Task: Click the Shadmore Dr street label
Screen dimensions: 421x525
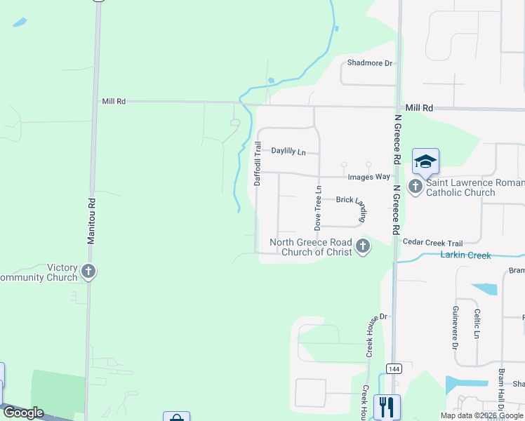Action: [x=370, y=63]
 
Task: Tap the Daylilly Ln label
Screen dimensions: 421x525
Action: [x=288, y=151]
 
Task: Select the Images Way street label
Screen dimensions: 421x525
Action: [x=368, y=177]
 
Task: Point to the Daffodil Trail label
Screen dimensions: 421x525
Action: [x=258, y=163]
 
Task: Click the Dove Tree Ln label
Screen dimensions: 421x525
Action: [x=318, y=208]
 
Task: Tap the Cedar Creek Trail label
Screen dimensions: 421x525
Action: [x=433, y=241]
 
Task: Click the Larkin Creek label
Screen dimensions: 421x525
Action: [x=465, y=255]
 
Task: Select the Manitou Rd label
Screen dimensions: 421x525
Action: [x=91, y=220]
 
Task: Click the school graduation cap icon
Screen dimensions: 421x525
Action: [x=425, y=162]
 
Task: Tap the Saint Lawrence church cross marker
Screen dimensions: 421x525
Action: [x=416, y=187]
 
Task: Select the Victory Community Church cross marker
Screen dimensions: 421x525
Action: [x=88, y=272]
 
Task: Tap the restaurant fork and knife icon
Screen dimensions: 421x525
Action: [x=386, y=406]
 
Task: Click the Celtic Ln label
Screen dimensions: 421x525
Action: [x=477, y=324]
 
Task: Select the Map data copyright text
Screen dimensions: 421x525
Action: [x=482, y=415]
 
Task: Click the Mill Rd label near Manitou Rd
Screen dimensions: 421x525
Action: [x=114, y=102]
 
